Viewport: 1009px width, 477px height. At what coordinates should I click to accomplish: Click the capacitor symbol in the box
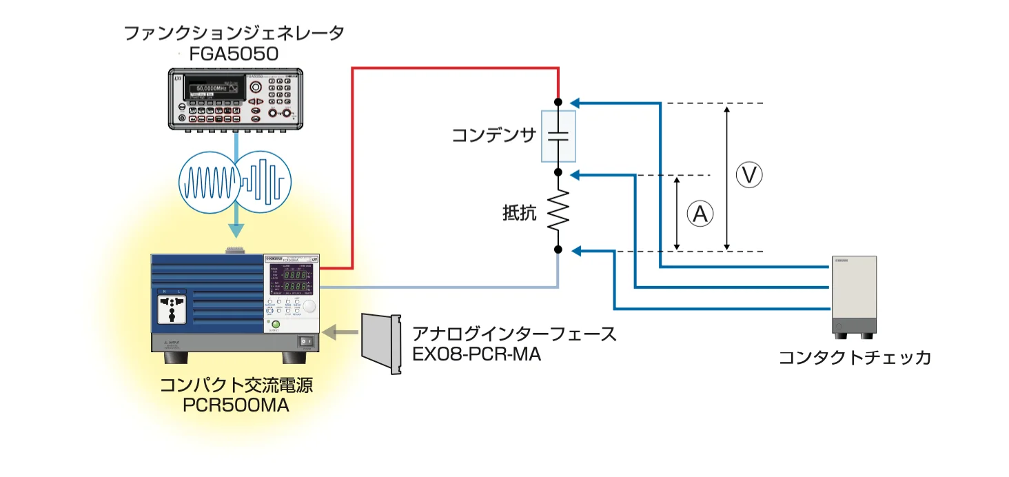click(x=558, y=135)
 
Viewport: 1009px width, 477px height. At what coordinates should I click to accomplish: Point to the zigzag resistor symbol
click(x=558, y=211)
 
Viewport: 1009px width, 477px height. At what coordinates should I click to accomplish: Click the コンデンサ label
click(x=493, y=135)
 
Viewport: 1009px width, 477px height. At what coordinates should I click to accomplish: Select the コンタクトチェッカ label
click(x=855, y=358)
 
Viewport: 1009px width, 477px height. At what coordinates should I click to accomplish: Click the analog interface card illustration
click(x=381, y=343)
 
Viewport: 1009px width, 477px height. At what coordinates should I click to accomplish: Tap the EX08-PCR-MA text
click(x=476, y=355)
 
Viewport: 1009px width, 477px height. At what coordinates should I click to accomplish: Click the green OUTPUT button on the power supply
click(x=276, y=324)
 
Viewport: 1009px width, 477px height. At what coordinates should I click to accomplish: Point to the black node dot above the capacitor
click(x=558, y=102)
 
